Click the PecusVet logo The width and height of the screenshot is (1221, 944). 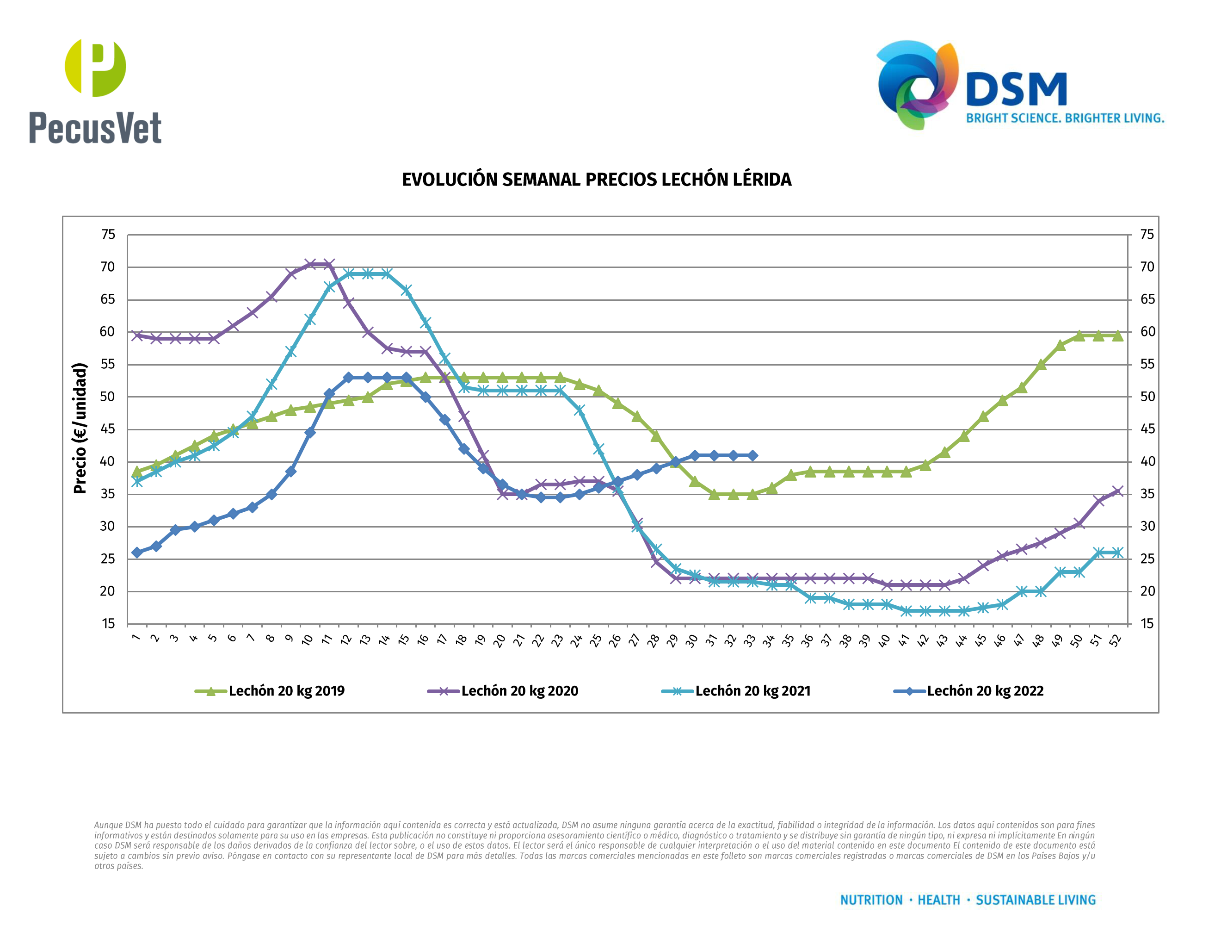(x=95, y=92)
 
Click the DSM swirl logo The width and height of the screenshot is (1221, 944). (x=917, y=84)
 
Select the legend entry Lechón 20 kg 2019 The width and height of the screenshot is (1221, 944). (x=286, y=691)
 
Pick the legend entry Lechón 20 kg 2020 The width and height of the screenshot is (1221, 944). (x=519, y=691)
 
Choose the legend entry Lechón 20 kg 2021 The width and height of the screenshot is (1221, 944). (x=752, y=691)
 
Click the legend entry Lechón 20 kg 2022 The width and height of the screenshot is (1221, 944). (x=985, y=691)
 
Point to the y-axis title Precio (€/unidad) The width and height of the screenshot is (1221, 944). (x=80, y=428)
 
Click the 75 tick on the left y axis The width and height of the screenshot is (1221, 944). (x=108, y=235)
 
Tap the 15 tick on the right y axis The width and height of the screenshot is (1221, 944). (x=1147, y=624)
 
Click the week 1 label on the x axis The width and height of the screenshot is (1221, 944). (x=136, y=638)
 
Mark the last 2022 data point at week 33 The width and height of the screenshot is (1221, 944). (x=752, y=456)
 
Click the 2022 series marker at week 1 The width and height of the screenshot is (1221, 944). (x=136, y=553)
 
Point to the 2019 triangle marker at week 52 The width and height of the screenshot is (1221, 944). (x=1117, y=335)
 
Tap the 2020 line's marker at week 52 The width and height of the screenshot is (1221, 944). (x=1117, y=491)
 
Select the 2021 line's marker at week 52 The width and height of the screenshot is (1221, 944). (x=1117, y=553)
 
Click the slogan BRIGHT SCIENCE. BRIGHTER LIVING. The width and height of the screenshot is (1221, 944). (x=1065, y=118)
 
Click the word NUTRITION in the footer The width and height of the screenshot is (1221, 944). (x=871, y=900)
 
